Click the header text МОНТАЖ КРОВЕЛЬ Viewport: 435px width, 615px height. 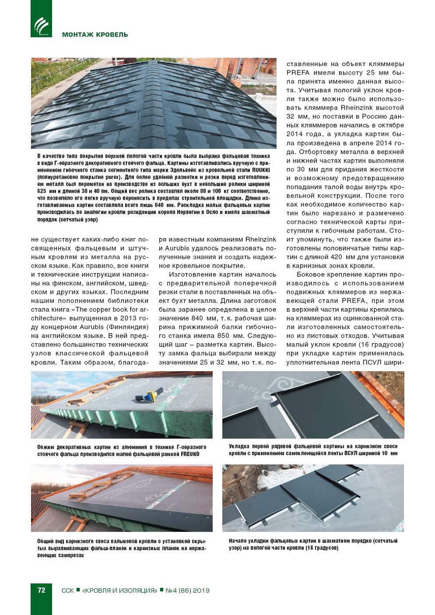point(95,35)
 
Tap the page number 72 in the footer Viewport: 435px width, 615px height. point(41,590)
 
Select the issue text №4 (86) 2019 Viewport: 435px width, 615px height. point(187,591)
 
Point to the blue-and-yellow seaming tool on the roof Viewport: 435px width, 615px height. point(149,397)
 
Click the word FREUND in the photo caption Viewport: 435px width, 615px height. point(190,454)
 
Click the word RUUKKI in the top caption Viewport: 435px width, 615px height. point(261,170)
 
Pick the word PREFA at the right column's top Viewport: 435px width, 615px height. point(298,72)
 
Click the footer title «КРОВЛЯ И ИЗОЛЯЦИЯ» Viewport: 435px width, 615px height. point(119,591)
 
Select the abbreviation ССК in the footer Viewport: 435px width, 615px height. point(67,591)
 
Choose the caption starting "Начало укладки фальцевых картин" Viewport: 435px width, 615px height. point(313,544)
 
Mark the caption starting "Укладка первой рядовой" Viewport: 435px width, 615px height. point(313,450)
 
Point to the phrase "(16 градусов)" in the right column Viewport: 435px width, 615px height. point(382,345)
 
